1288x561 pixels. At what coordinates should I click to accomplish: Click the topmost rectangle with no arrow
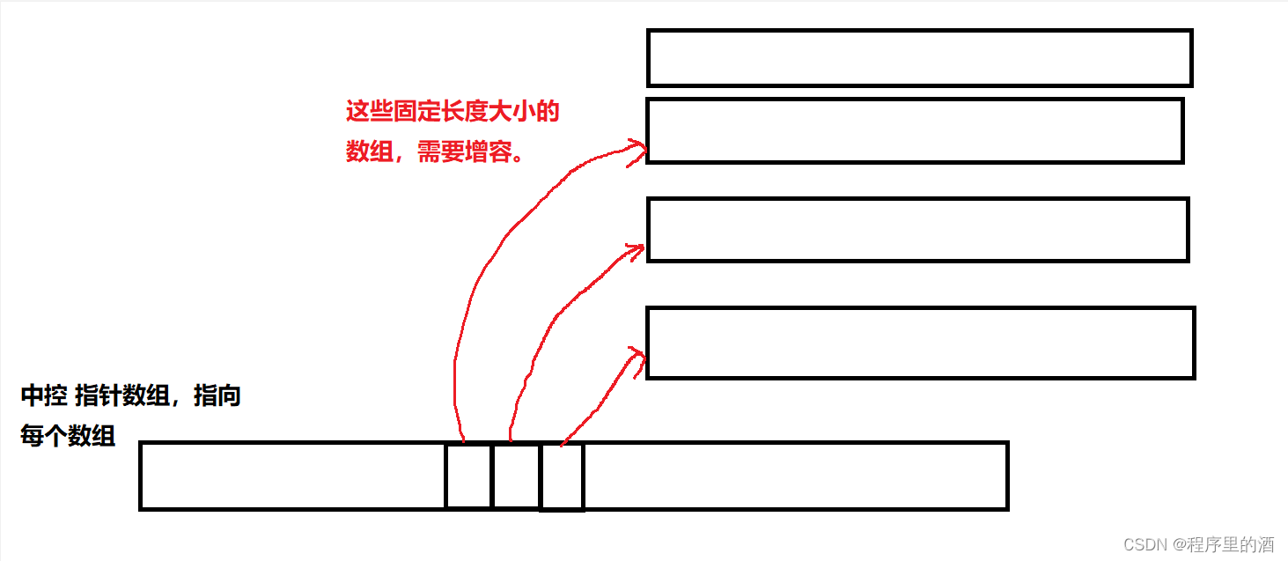(x=919, y=58)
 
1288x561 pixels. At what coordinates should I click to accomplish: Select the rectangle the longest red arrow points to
(x=914, y=130)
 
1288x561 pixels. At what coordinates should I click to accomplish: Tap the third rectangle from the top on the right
(x=917, y=230)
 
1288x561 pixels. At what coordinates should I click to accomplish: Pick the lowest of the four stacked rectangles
(x=920, y=343)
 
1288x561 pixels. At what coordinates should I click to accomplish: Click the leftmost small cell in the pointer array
(x=467, y=476)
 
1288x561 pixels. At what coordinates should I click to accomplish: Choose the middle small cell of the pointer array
(x=515, y=476)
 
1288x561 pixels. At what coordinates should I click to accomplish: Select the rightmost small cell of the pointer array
(x=562, y=476)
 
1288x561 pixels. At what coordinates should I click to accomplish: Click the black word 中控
(x=44, y=396)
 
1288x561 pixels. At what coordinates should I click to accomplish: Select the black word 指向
(x=217, y=396)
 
